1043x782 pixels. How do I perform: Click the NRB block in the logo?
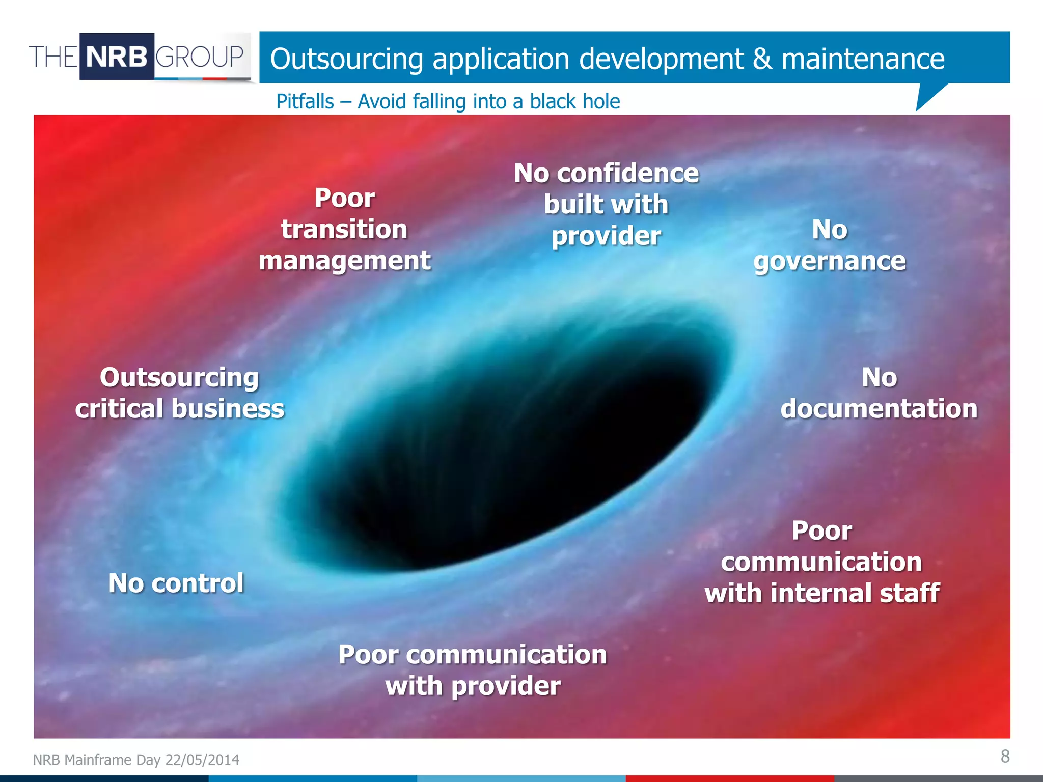117,57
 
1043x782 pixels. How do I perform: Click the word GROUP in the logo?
200,57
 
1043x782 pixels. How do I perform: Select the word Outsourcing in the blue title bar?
346,59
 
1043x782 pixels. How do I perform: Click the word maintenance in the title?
863,59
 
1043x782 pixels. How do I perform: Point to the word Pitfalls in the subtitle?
305,101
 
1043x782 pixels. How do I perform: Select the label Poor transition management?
345,229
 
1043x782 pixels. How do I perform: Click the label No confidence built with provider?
606,204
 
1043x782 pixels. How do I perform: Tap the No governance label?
830,245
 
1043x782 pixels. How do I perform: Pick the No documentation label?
879,393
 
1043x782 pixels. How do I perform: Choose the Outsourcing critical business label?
179,393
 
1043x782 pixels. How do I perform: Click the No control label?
176,583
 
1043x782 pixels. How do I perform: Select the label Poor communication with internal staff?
821,562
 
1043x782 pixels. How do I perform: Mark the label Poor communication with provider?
473,670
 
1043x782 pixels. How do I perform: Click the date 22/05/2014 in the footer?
202,760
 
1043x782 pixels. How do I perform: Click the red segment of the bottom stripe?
728,779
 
